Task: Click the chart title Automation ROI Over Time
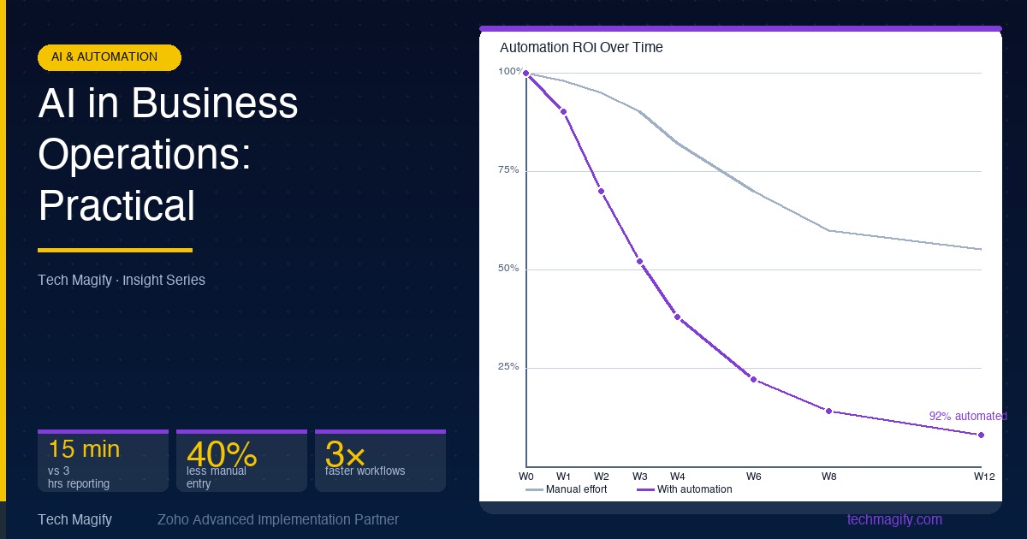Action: [x=581, y=47]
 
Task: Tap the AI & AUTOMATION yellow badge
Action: [x=110, y=57]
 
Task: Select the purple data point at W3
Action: [x=639, y=261]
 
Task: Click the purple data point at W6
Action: [x=753, y=379]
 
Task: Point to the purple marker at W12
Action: [x=981, y=435]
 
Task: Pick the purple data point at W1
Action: [x=563, y=111]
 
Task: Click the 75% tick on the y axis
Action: [x=509, y=170]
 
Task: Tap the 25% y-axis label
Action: [x=509, y=367]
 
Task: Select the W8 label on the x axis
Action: [x=828, y=476]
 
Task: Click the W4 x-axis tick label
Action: [x=677, y=476]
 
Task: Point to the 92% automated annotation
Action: [x=967, y=416]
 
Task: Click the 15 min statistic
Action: [x=84, y=449]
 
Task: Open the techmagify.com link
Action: [x=894, y=519]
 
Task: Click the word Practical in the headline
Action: [x=117, y=206]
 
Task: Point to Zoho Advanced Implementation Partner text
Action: [x=278, y=519]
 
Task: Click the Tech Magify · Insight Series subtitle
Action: [x=122, y=280]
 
